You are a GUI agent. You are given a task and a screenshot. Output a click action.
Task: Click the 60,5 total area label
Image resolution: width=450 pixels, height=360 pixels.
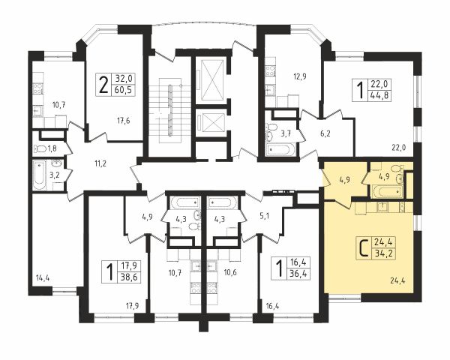pyautogui.click(x=123, y=90)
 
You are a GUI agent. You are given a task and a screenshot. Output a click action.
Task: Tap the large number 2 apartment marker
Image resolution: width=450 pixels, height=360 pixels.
pyautogui.click(x=103, y=85)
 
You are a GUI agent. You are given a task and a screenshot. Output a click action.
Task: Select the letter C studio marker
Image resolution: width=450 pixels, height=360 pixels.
pyautogui.click(x=364, y=248)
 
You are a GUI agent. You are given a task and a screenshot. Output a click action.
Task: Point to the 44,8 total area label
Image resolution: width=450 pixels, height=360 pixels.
pyautogui.click(x=380, y=95)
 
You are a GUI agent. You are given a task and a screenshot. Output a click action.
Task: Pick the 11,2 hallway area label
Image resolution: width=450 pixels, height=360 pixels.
pyautogui.click(x=100, y=164)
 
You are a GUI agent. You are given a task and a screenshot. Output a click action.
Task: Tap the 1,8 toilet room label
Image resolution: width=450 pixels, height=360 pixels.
pyautogui.click(x=52, y=148)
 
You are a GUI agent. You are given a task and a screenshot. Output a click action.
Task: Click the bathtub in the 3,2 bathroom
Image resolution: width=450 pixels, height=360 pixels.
pyautogui.click(x=39, y=175)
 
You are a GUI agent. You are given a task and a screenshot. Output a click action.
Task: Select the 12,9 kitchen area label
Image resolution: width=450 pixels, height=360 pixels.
pyautogui.click(x=292, y=76)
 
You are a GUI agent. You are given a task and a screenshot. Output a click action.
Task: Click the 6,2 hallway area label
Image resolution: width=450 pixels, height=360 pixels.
pyautogui.click(x=325, y=133)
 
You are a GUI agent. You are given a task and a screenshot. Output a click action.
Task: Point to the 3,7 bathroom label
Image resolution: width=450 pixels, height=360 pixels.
pyautogui.click(x=286, y=133)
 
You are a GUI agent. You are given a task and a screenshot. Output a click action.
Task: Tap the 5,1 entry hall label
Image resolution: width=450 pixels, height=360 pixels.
pyautogui.click(x=264, y=215)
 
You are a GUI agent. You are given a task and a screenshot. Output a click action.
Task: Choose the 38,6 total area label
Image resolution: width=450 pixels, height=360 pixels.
pyautogui.click(x=129, y=277)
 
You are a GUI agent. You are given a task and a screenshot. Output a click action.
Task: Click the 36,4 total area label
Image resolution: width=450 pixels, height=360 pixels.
pyautogui.click(x=298, y=274)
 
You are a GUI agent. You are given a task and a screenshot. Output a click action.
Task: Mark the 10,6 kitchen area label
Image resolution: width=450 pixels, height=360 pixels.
pyautogui.click(x=230, y=272)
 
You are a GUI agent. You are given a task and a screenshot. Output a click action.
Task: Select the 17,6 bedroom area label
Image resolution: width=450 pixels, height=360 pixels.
pyautogui.click(x=124, y=121)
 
